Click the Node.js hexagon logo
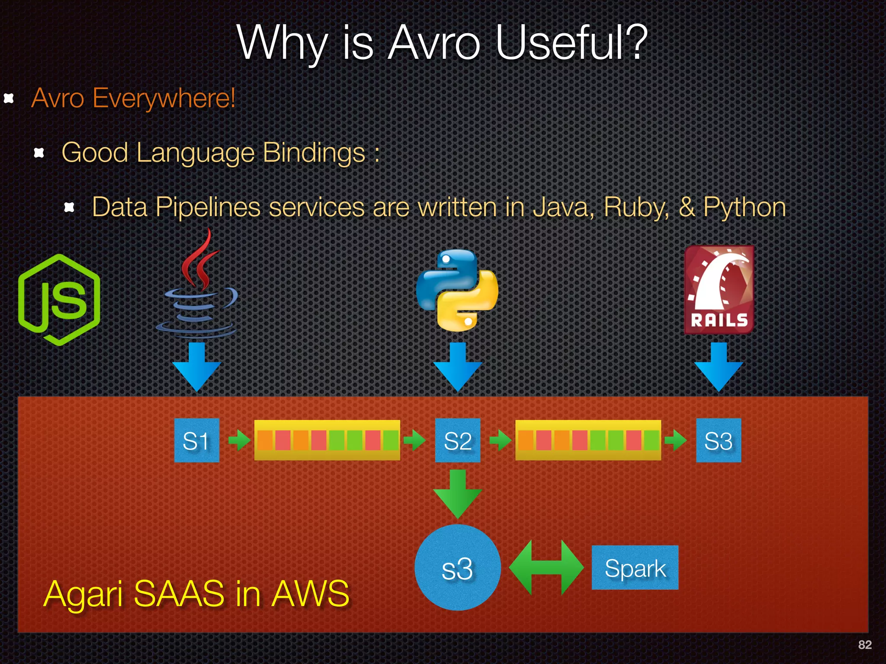tap(59, 300)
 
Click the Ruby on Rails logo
tap(719, 290)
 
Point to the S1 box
tap(196, 441)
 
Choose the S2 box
tap(458, 441)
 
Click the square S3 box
tap(718, 441)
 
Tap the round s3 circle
tap(457, 568)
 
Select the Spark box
tap(635, 568)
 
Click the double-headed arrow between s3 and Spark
tap(546, 568)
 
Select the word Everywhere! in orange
tap(164, 98)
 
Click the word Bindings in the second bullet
tap(314, 153)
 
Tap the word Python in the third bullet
tap(744, 207)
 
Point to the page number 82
tap(864, 645)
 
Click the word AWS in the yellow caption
tap(310, 594)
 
